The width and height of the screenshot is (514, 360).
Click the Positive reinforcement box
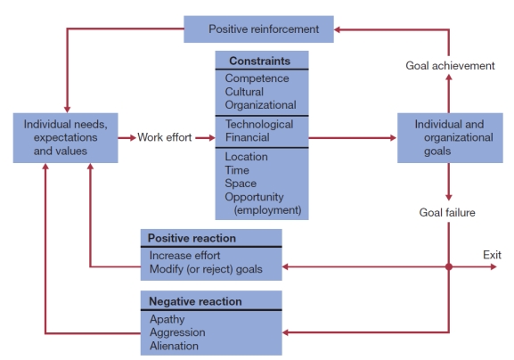(259, 29)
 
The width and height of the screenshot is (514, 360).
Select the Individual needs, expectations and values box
(66, 138)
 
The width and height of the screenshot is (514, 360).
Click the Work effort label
(163, 138)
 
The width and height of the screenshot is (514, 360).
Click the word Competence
(257, 78)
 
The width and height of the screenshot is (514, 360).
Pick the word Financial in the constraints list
(249, 138)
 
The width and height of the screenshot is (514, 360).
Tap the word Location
(247, 157)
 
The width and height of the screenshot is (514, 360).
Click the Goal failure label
(448, 212)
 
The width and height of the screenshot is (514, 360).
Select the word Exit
(493, 256)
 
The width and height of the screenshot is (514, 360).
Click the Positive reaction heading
(192, 239)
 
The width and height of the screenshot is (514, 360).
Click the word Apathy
(167, 319)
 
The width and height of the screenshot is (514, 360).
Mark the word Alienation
(174, 346)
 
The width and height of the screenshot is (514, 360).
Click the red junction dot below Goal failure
(449, 267)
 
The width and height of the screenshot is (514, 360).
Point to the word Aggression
(177, 332)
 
